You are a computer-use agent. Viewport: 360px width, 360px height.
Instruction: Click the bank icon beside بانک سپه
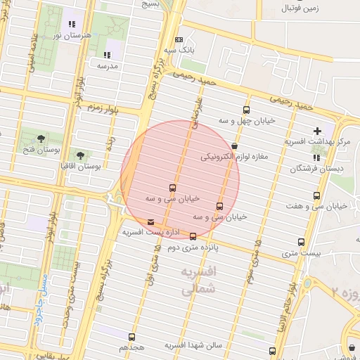pos(179,39)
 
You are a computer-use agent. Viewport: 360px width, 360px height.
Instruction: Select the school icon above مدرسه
pos(107,54)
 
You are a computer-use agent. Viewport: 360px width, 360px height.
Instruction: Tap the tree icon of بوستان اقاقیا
pos(80,154)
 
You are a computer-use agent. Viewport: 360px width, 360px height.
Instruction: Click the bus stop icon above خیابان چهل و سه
pos(245,110)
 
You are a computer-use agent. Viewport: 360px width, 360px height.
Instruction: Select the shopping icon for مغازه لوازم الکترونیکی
pos(234,146)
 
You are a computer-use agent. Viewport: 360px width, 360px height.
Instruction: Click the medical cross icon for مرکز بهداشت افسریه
pos(317,131)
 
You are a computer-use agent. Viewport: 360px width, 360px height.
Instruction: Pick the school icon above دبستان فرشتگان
pos(316,157)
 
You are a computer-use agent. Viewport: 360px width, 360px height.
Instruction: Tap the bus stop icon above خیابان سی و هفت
pos(317,195)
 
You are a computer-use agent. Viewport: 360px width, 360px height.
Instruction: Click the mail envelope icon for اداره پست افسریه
pos(151,222)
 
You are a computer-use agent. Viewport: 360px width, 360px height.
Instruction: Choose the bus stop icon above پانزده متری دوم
pos(193,236)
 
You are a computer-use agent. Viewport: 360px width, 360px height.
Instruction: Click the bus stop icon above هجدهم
pos(132,337)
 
